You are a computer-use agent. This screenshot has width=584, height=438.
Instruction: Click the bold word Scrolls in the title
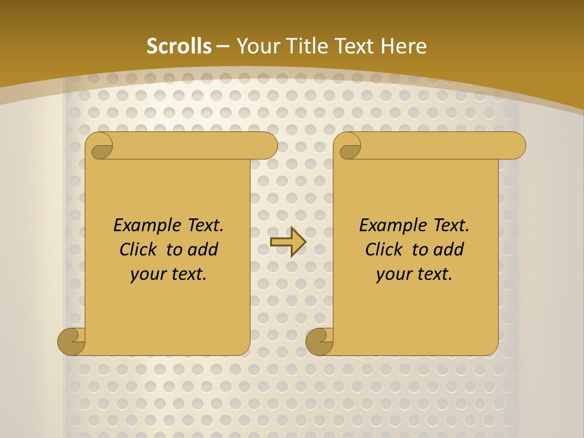pos(179,46)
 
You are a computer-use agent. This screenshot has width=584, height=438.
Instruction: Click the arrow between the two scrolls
pos(288,242)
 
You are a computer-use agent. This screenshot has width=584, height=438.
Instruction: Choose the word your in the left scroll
pos(146,274)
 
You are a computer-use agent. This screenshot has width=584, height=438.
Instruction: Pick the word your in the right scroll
pos(392,274)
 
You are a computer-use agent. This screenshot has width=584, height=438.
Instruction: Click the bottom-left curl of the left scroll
pos(71,341)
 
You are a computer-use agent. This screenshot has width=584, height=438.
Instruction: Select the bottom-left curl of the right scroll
pos(319,341)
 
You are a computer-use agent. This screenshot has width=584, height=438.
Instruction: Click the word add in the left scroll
pos(203,249)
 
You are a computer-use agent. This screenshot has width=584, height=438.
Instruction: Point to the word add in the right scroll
pos(449,249)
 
